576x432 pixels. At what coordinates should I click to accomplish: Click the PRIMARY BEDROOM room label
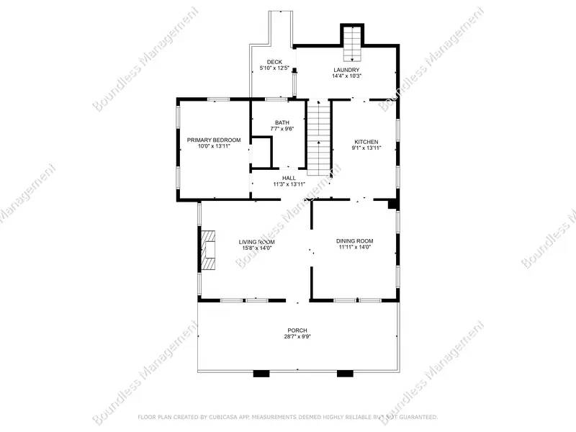click(214, 140)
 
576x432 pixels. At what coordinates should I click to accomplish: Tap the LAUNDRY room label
click(346, 70)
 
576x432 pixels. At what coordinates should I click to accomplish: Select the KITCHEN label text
click(366, 142)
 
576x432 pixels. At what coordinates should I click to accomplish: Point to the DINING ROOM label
click(355, 241)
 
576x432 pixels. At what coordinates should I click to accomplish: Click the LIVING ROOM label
click(256, 242)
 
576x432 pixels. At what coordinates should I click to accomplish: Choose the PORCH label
click(297, 330)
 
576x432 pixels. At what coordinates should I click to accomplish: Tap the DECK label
click(274, 63)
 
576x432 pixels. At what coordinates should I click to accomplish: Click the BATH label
click(282, 122)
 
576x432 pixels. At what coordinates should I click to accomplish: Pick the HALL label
click(289, 178)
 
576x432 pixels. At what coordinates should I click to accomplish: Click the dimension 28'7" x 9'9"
click(297, 336)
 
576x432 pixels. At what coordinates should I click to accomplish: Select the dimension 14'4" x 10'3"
click(346, 76)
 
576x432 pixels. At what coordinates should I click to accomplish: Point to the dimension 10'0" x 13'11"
click(214, 146)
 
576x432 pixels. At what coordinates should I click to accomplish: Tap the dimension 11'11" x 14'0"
click(355, 248)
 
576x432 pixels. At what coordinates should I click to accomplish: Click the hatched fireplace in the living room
click(209, 249)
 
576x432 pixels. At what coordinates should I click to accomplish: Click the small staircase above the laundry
click(351, 44)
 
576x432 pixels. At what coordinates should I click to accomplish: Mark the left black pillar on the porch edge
click(261, 374)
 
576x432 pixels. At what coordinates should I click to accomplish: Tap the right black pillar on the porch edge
click(346, 374)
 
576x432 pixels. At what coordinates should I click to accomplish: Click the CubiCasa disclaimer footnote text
click(287, 417)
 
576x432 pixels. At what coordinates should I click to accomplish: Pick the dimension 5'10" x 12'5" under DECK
click(274, 68)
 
